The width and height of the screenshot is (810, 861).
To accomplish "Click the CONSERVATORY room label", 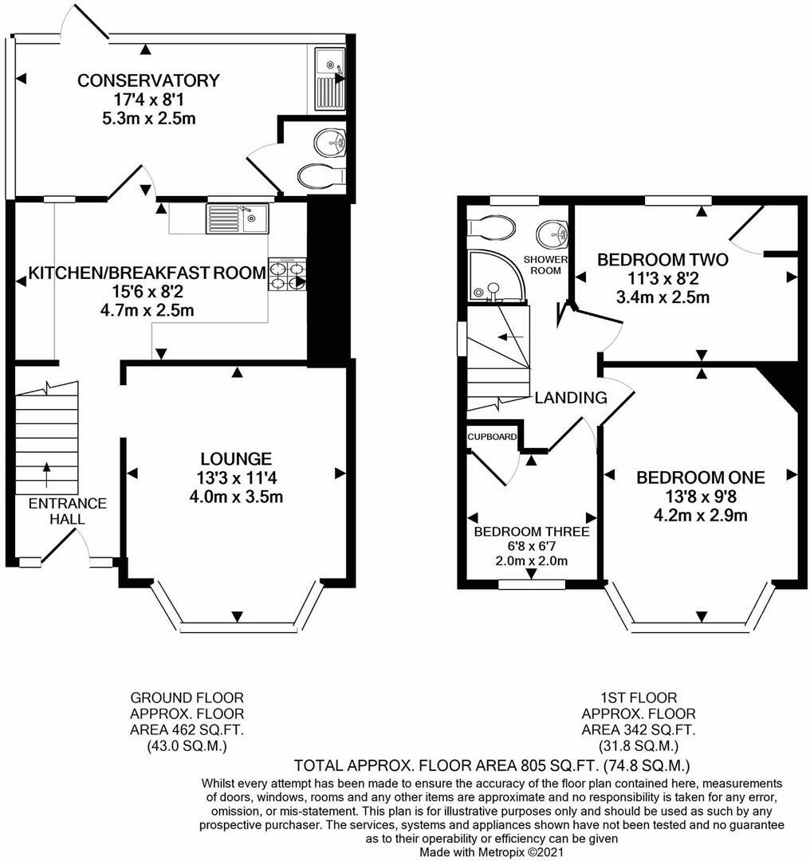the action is coord(148,81).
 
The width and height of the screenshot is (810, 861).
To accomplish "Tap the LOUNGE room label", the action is coord(236,458).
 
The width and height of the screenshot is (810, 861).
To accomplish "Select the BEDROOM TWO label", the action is coord(663,259).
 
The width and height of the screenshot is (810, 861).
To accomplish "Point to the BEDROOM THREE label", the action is coord(532,531).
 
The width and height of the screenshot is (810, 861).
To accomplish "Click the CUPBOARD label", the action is coord(492,437).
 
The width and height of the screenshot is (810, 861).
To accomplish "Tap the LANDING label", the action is coord(571,397).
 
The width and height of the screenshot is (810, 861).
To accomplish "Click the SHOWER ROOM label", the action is coord(545,265).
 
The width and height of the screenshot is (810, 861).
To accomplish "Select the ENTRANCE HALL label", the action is coord(68,511).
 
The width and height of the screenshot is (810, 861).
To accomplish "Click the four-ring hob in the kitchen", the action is coord(287,274).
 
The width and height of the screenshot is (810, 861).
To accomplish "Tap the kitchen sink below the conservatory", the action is coord(238,218).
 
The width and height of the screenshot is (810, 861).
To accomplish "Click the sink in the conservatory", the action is coord(329,78).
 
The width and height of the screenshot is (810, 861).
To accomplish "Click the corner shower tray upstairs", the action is coord(496,276).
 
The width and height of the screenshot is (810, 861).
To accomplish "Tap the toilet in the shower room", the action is coord(491,227).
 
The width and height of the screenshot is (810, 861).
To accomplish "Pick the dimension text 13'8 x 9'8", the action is coord(701,497).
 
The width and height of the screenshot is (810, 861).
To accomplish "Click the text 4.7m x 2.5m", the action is coord(147,311).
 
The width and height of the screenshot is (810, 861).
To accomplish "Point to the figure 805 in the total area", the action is coord(530,765).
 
